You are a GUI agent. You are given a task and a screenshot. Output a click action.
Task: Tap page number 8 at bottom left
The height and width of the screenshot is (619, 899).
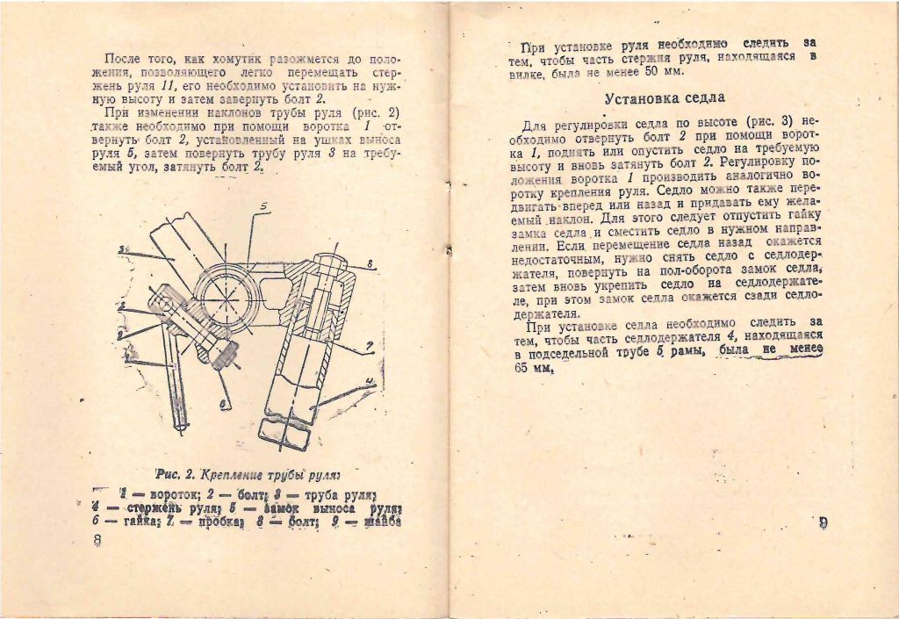[x=97, y=540]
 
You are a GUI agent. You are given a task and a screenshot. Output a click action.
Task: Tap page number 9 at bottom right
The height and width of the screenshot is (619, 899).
[x=823, y=523]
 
